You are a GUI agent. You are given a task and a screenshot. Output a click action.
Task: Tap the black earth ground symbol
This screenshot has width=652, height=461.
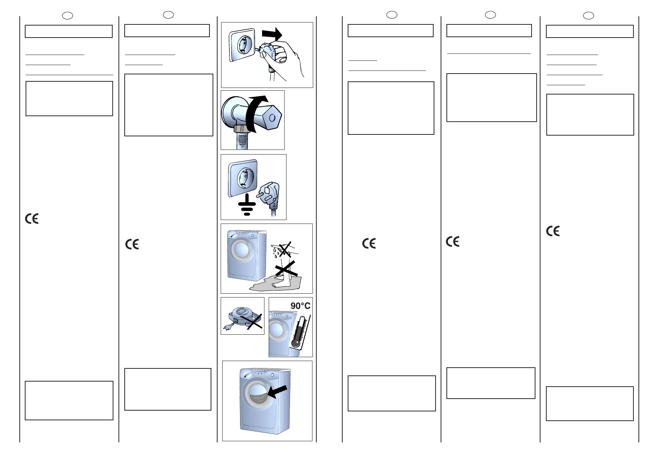(247, 205)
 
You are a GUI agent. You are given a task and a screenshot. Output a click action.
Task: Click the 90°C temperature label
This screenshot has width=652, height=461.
(300, 306)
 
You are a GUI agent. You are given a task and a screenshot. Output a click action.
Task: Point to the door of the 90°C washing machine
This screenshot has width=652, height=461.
(276, 330)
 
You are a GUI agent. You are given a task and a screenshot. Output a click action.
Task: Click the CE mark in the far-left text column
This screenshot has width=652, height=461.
(32, 219)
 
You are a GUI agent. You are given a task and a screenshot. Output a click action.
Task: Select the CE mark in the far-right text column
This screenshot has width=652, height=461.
(552, 231)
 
